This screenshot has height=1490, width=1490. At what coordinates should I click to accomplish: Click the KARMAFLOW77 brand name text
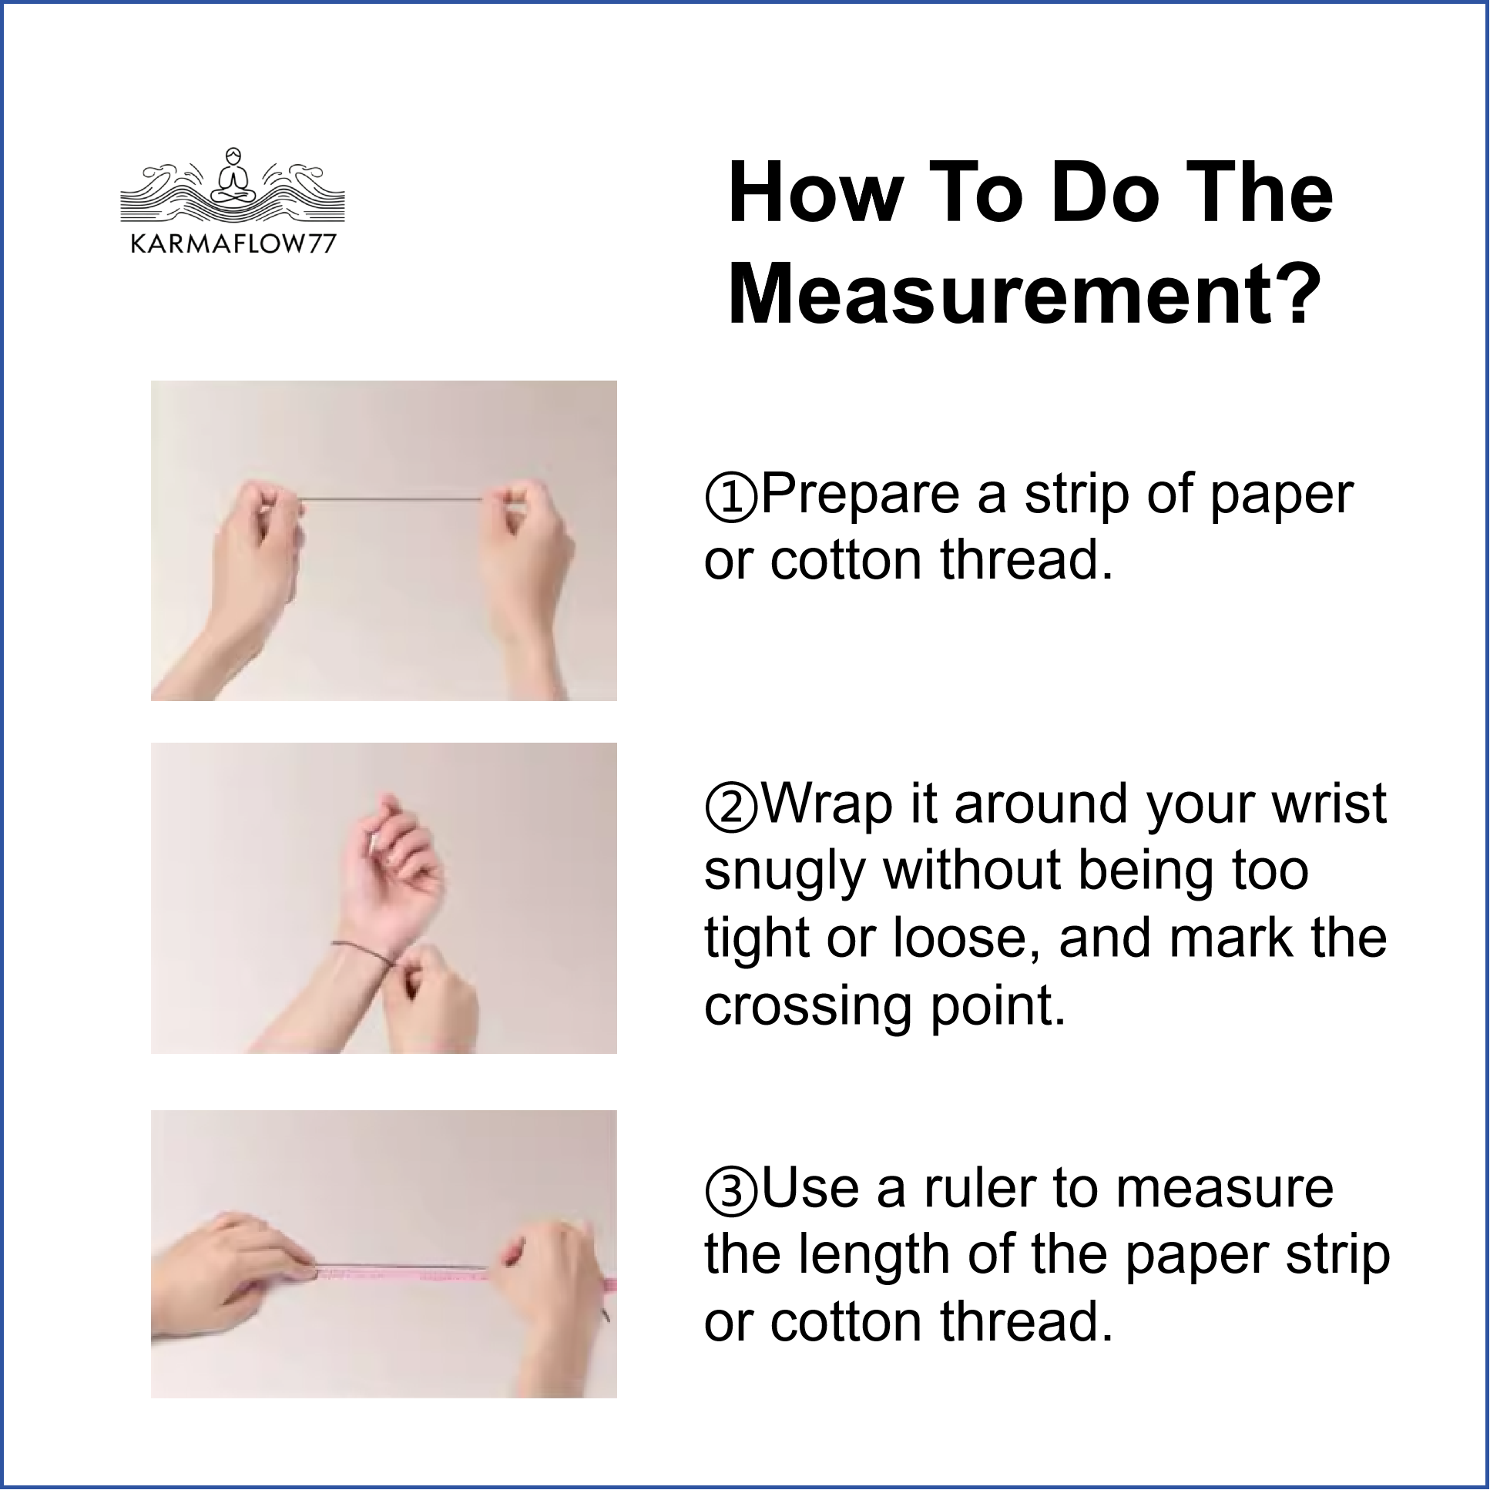pyautogui.click(x=233, y=244)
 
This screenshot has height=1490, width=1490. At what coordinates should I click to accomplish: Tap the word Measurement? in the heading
pyautogui.click(x=1025, y=296)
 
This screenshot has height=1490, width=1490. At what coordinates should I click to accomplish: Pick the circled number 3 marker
pyautogui.click(x=730, y=1190)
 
